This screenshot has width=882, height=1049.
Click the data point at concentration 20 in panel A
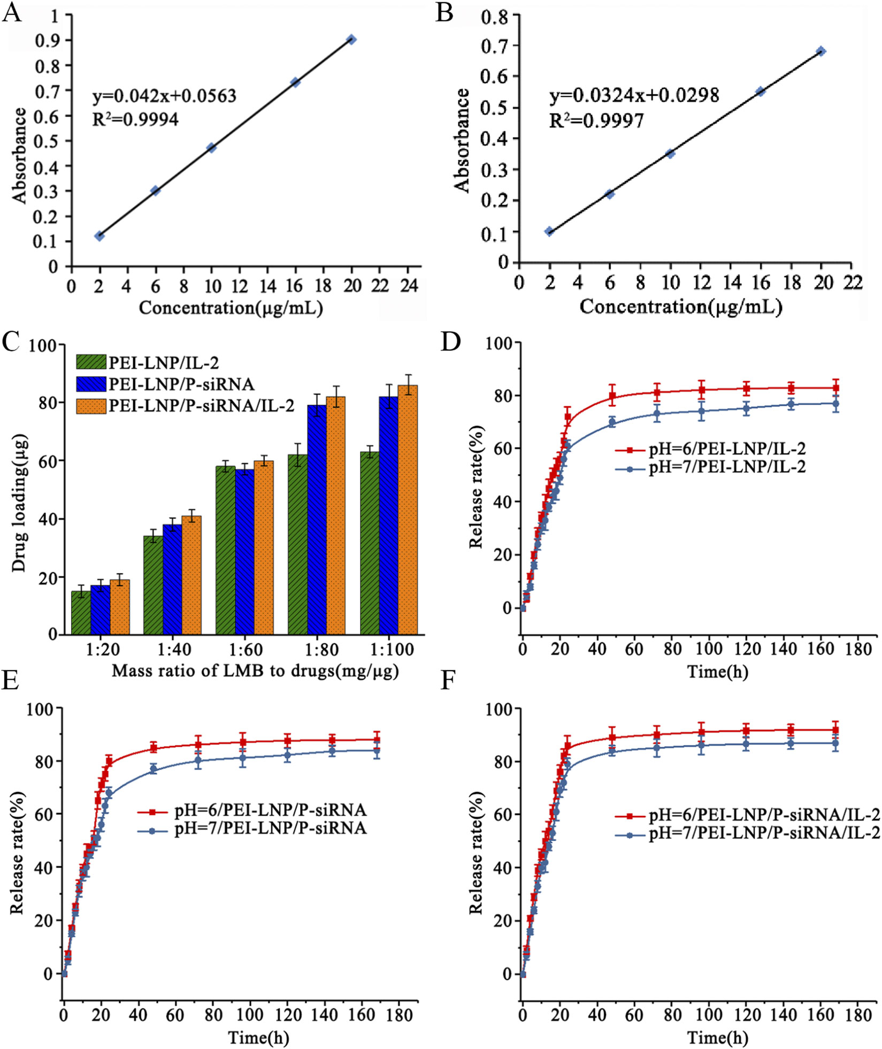tap(351, 40)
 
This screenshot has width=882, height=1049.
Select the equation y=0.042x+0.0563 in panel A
tap(164, 96)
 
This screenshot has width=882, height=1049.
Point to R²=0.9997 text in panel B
tap(596, 121)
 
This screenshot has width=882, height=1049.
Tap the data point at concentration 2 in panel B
tap(549, 231)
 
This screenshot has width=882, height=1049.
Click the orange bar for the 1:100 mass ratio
tap(408, 508)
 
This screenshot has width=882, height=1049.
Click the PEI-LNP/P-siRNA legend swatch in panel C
tap(91, 384)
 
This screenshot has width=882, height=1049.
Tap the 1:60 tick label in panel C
tap(247, 649)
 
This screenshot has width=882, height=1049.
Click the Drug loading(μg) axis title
tap(20, 503)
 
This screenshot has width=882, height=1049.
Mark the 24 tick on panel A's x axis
tap(409, 286)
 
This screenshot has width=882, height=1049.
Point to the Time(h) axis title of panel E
tap(259, 1037)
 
